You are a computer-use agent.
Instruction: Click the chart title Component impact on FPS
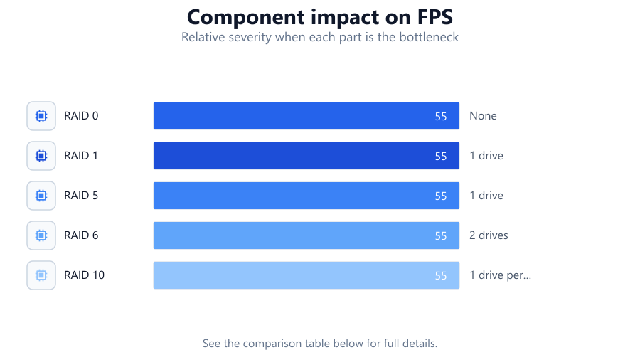pos(320,17)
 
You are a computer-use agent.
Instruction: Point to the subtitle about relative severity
pos(320,37)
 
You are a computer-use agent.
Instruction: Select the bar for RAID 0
pos(306,116)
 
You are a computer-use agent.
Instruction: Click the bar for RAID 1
pos(306,156)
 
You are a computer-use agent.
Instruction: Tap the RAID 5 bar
pos(306,196)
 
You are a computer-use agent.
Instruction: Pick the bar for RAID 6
pos(306,235)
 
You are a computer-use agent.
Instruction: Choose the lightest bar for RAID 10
pos(306,275)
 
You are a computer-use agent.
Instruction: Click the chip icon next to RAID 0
pos(41,116)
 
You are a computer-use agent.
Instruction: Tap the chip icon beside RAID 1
pos(41,156)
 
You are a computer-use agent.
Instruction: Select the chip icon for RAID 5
pos(41,196)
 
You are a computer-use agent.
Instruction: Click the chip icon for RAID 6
pos(41,235)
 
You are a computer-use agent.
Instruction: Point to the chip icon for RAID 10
pos(41,275)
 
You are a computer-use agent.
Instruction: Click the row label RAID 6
pos(81,235)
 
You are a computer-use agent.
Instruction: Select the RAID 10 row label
pos(84,275)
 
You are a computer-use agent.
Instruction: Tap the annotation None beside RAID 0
pos(483,116)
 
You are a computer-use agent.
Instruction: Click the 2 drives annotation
pos(489,235)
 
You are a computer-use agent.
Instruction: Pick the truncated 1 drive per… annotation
pos(501,275)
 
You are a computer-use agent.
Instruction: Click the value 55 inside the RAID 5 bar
pos(441,196)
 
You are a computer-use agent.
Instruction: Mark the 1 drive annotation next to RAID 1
pos(486,156)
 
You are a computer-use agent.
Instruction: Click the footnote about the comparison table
pos(320,343)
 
